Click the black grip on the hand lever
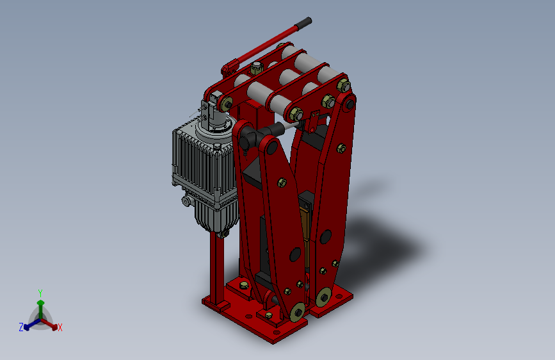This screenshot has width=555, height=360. (x=303, y=22)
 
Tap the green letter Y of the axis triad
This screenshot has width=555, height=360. (x=40, y=293)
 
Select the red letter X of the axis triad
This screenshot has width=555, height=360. (x=60, y=328)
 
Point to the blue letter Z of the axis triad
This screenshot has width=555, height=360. (x=21, y=327)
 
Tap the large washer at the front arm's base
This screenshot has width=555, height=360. (x=298, y=312)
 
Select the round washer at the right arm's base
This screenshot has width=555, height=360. (x=323, y=297)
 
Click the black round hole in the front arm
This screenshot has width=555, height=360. (x=295, y=255)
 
